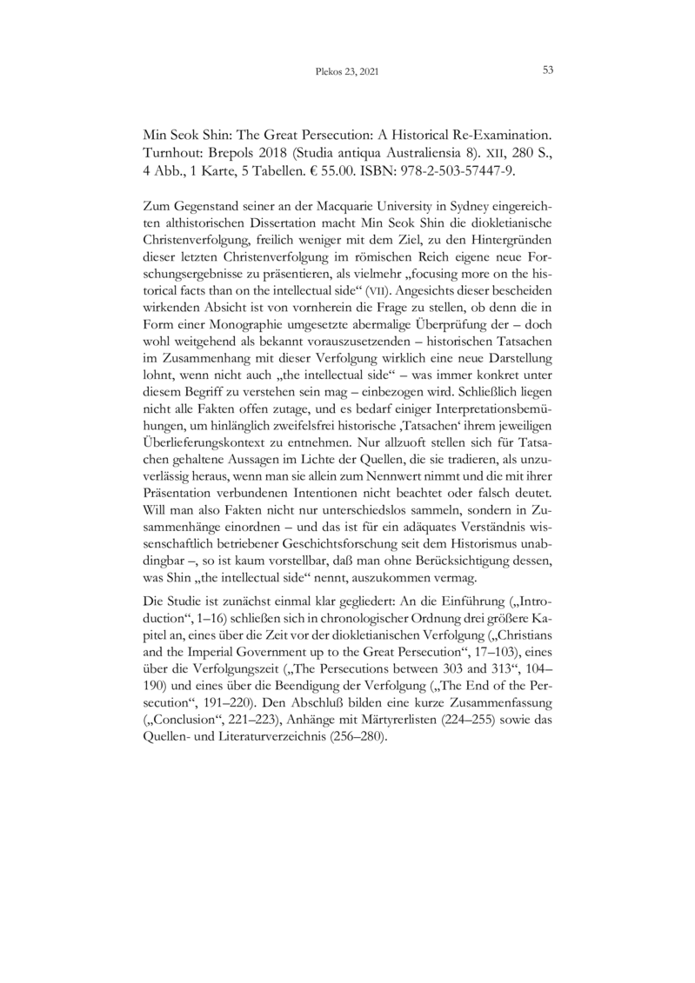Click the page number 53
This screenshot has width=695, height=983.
click(548, 71)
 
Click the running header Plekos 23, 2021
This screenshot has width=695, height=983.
click(347, 72)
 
